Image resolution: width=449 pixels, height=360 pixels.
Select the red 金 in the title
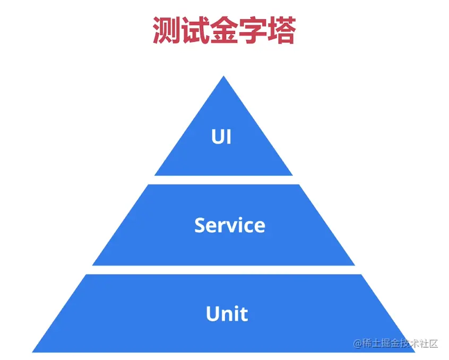(x=223, y=31)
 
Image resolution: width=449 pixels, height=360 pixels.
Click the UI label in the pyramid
(x=221, y=137)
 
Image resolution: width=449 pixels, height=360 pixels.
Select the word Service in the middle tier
(x=229, y=225)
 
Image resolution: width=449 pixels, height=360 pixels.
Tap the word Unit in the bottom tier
(x=227, y=314)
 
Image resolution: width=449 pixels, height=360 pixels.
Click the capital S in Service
(x=201, y=225)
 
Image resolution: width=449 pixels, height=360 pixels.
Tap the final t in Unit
(x=244, y=314)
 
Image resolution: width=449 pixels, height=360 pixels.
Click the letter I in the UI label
(x=229, y=137)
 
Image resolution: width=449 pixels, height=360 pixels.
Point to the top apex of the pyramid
(x=223, y=78)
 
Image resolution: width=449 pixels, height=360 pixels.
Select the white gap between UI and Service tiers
(x=223, y=180)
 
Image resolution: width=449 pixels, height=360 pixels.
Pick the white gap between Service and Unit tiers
(x=223, y=270)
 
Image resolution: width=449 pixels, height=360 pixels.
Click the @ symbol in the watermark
(x=358, y=343)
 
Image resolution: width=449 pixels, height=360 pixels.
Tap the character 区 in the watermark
(x=433, y=343)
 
